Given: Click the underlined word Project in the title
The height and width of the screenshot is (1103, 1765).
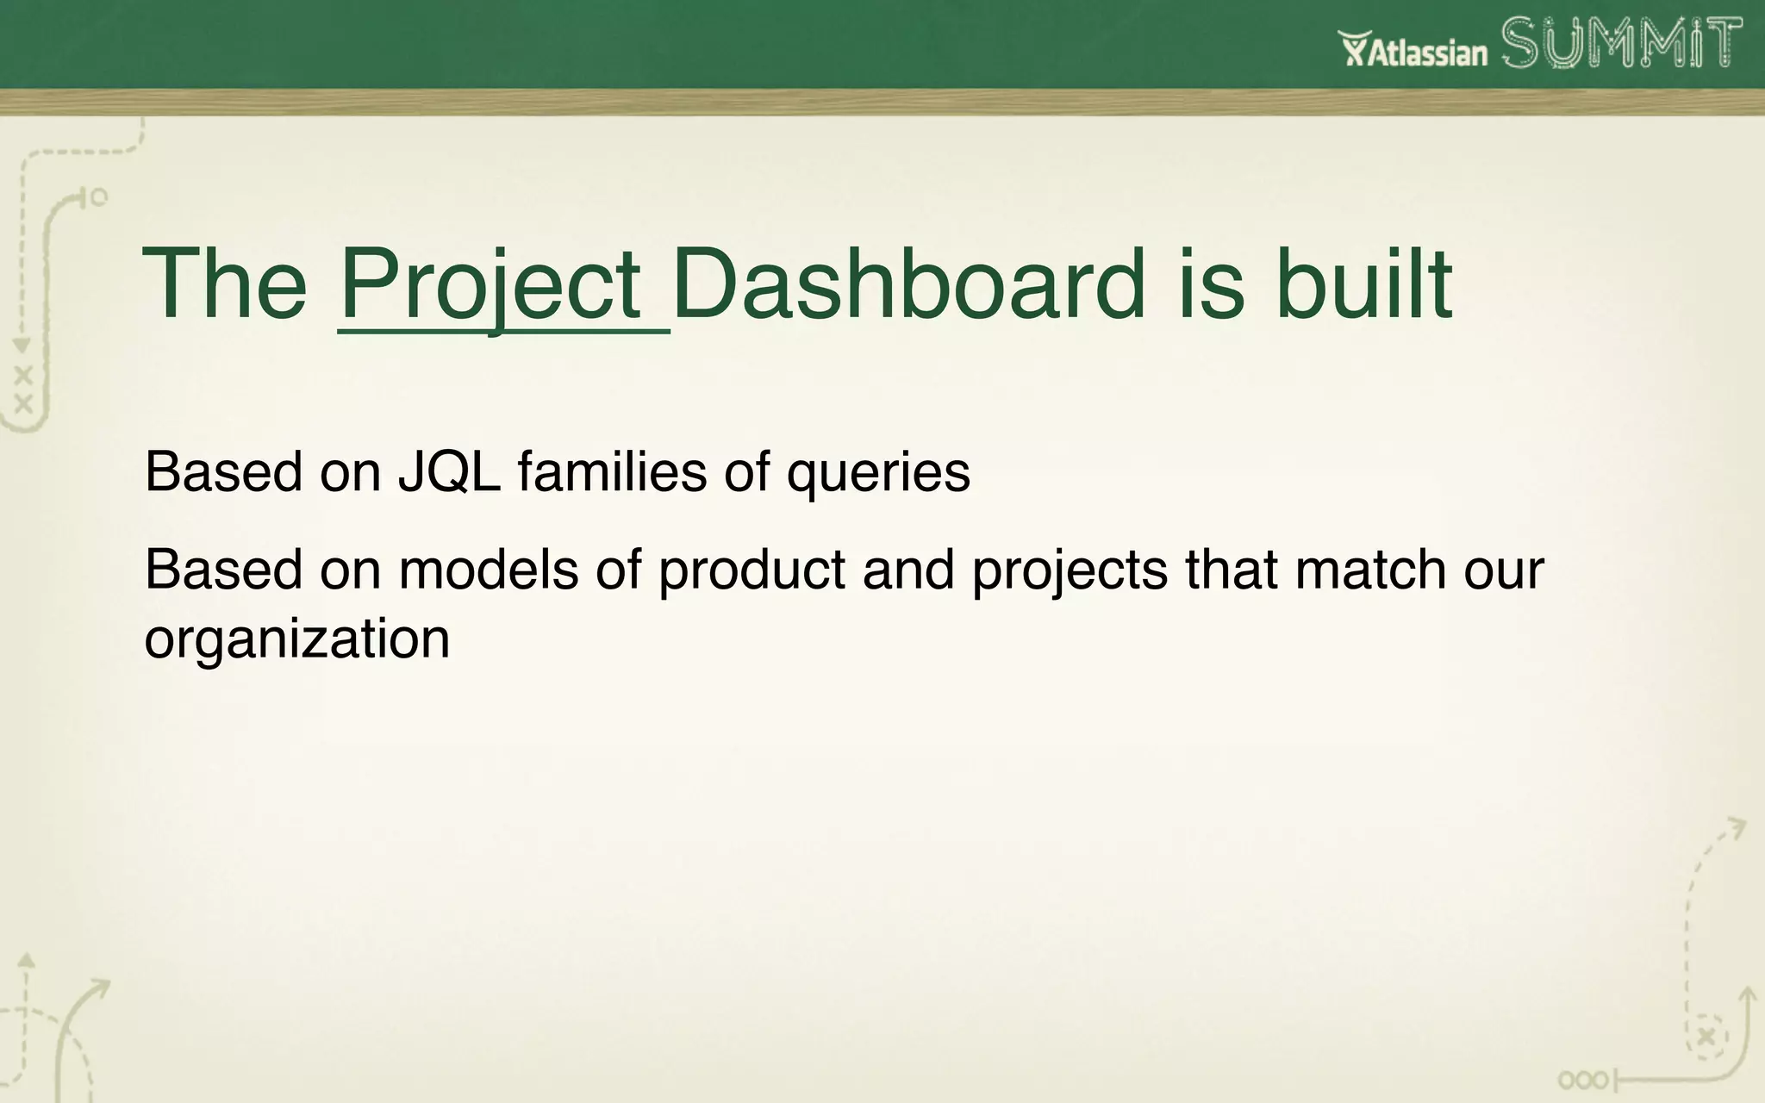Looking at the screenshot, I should tap(490, 285).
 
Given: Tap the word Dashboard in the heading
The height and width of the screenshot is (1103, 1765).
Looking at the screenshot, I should tap(908, 284).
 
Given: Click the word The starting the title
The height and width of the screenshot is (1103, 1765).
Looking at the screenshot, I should tap(225, 284).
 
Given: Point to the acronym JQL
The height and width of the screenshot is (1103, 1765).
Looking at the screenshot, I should tap(448, 472).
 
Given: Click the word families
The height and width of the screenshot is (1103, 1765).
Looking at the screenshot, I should tap(612, 472).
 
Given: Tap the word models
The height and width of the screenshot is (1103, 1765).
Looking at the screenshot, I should tap(488, 570).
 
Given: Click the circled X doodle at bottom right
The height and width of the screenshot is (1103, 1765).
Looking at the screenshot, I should tap(1706, 1037).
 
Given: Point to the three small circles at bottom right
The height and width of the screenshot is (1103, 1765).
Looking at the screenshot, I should tap(1582, 1080).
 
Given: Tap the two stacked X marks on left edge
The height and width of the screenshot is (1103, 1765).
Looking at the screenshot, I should tap(23, 389).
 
